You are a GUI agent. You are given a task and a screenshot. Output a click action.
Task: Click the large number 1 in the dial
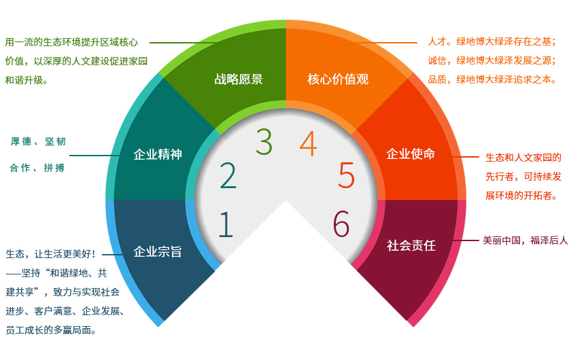coord(226,224)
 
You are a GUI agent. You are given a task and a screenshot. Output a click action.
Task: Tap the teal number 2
coord(228,175)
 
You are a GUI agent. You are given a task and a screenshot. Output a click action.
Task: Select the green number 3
coord(264,141)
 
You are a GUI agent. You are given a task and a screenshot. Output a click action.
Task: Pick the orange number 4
coord(308,143)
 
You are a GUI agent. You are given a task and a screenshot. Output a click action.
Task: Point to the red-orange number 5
coord(346,175)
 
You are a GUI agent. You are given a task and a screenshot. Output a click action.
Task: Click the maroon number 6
coord(341,224)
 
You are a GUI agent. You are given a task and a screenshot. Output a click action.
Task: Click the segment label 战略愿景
coord(239,79)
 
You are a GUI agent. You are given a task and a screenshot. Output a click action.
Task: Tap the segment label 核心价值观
coord(338,79)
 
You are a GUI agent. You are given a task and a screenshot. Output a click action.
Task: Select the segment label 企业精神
coord(158,154)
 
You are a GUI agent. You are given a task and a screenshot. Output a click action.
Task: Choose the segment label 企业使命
coord(411,154)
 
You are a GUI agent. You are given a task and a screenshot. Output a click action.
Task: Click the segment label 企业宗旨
coord(158,251)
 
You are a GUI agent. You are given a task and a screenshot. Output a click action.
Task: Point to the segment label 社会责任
coord(411,245)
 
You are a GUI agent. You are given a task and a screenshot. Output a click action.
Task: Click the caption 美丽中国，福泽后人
coord(525,240)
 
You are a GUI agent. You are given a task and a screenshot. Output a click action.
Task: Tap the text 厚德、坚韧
coord(38,141)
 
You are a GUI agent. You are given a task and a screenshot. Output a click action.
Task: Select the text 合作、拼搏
coord(37,168)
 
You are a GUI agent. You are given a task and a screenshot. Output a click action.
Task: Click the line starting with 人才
coord(492,41)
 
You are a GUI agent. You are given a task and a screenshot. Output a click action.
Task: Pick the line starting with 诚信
coord(492,60)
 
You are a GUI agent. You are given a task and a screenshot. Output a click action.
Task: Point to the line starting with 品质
coord(492,79)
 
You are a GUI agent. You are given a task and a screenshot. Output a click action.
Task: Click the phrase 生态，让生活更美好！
coord(51,254)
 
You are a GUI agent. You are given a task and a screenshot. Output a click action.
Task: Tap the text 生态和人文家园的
coord(523,158)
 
